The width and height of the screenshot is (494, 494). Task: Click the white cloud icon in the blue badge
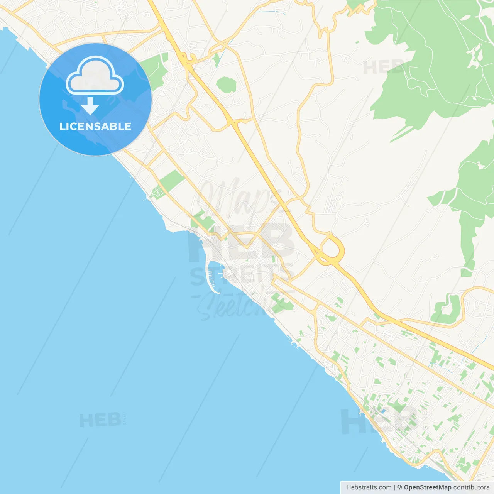95,76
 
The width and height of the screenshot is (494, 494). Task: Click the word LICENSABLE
95,126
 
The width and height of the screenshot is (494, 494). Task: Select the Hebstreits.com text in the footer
369,487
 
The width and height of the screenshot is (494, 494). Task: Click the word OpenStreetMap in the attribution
427,487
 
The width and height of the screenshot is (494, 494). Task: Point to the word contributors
471,487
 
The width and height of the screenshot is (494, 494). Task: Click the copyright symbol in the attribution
399,487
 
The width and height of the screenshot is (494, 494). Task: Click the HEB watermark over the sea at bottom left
100,420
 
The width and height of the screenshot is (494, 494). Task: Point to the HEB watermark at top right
384,68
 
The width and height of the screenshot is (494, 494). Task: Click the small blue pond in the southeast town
383,411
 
